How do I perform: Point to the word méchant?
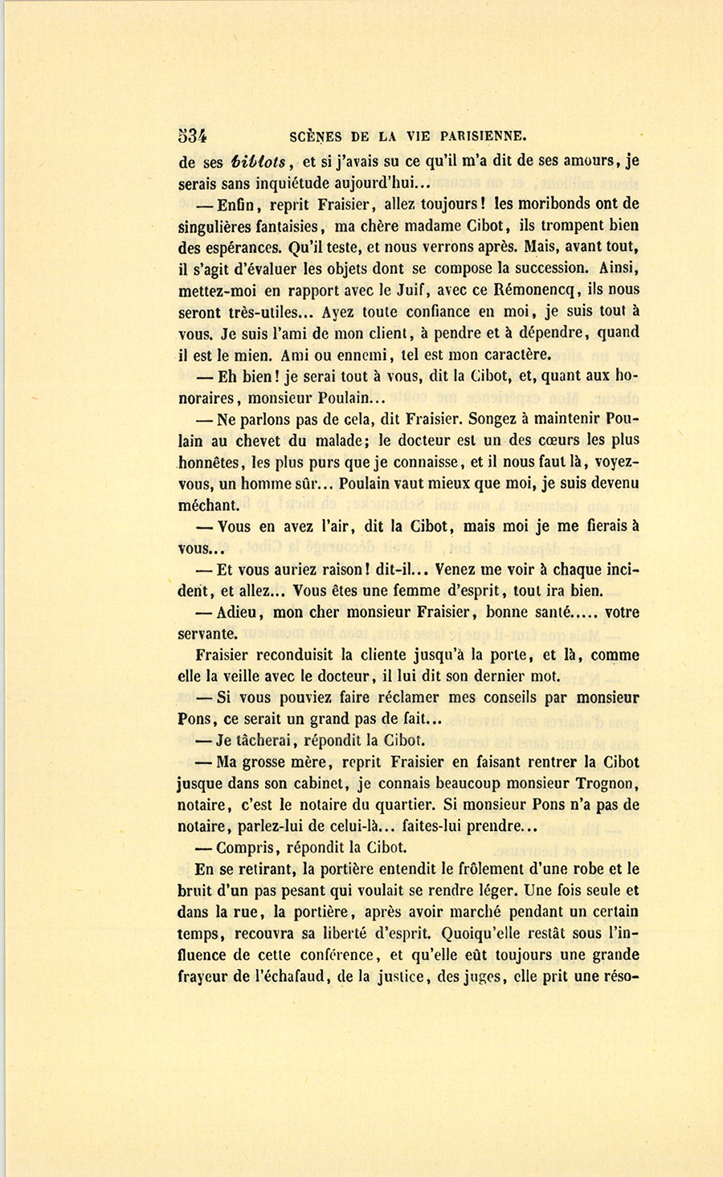[x=208, y=505]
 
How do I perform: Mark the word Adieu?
[x=237, y=612]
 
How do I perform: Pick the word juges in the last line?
[x=489, y=977]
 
